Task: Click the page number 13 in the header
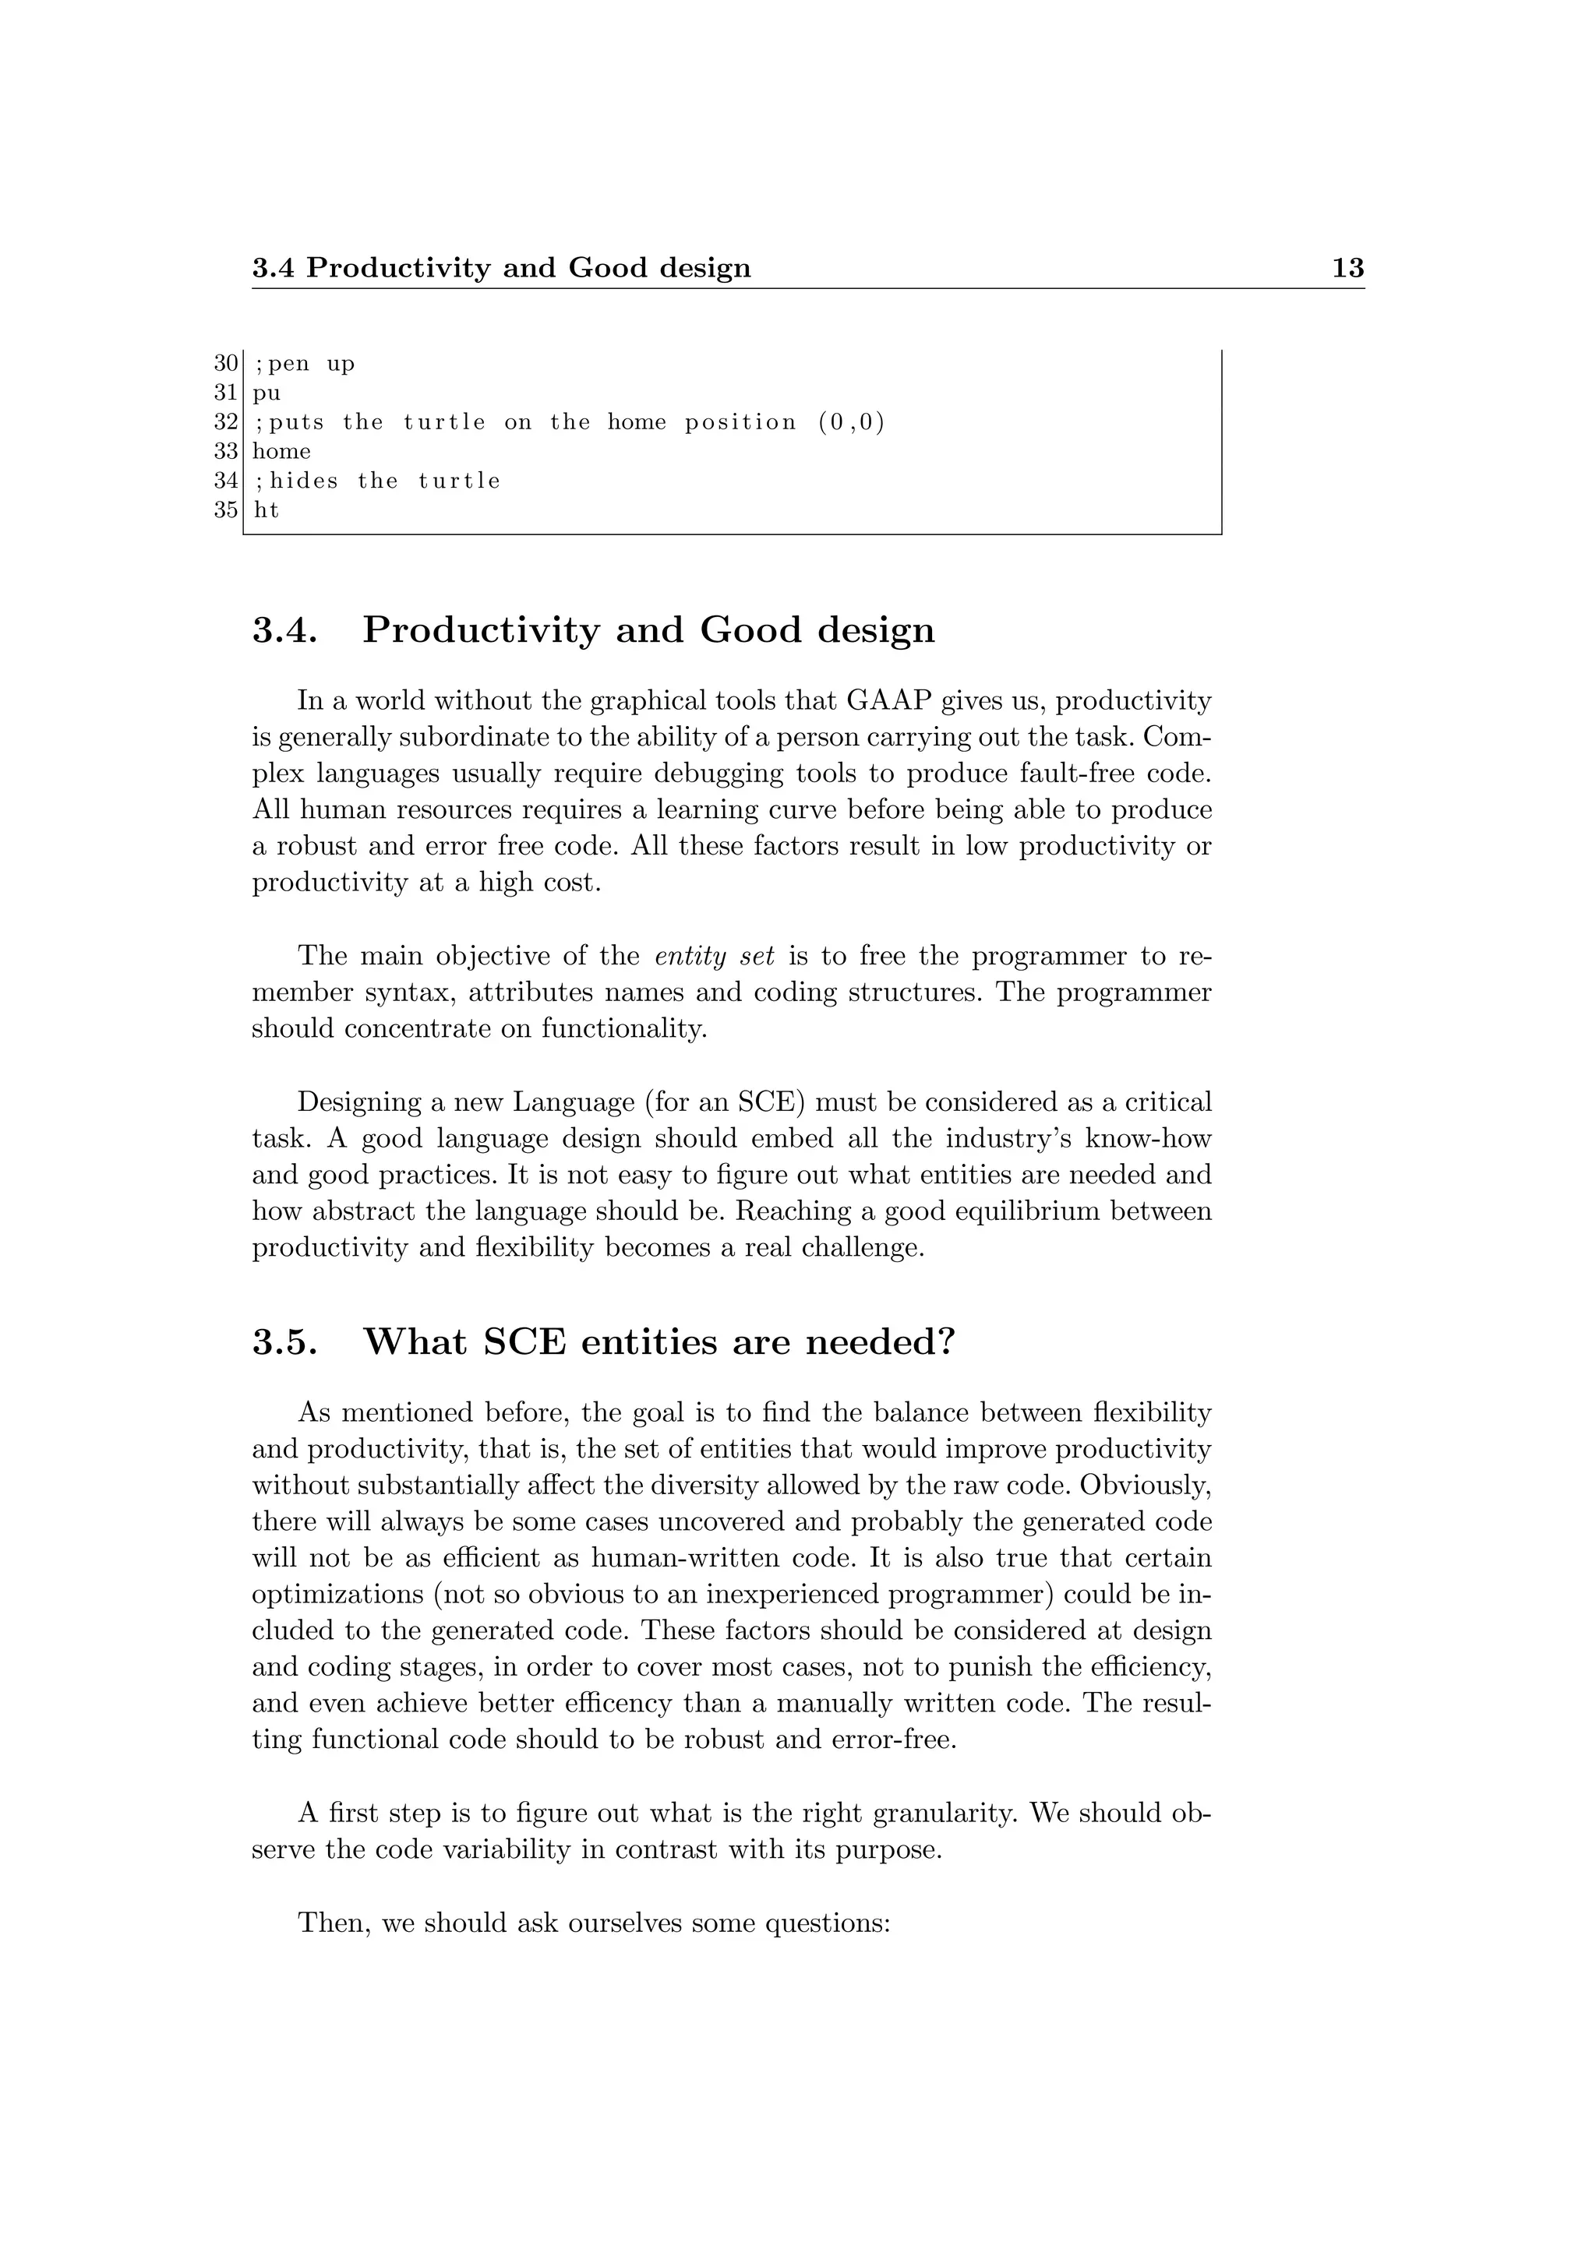[x=1347, y=267]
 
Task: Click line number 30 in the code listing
[x=225, y=364]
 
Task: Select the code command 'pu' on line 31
[x=267, y=393]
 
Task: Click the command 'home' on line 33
[x=281, y=451]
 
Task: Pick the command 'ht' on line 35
[x=265, y=510]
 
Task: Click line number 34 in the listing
[x=225, y=481]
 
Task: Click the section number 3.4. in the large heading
[x=285, y=630]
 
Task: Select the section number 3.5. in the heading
[x=285, y=1341]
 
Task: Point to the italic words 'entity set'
[x=714, y=956]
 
